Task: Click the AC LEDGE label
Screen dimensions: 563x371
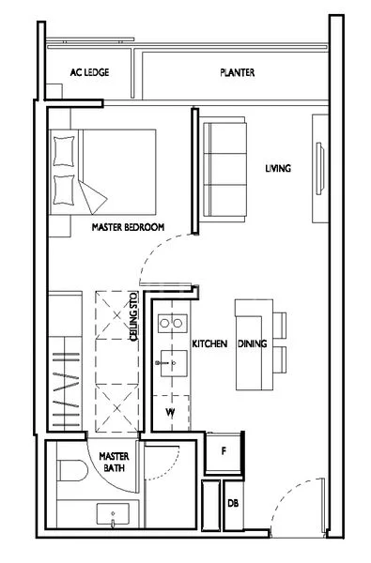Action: click(x=89, y=72)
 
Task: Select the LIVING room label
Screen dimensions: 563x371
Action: click(x=278, y=169)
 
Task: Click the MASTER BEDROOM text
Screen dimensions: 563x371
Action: click(x=128, y=228)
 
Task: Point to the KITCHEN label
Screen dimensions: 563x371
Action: click(x=209, y=345)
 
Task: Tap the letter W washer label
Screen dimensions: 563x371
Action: click(x=171, y=411)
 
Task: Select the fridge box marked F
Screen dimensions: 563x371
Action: click(x=223, y=451)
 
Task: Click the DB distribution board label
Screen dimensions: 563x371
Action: click(x=232, y=504)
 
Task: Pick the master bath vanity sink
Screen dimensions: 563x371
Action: click(x=114, y=514)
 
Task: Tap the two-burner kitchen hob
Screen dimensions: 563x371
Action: click(x=170, y=324)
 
